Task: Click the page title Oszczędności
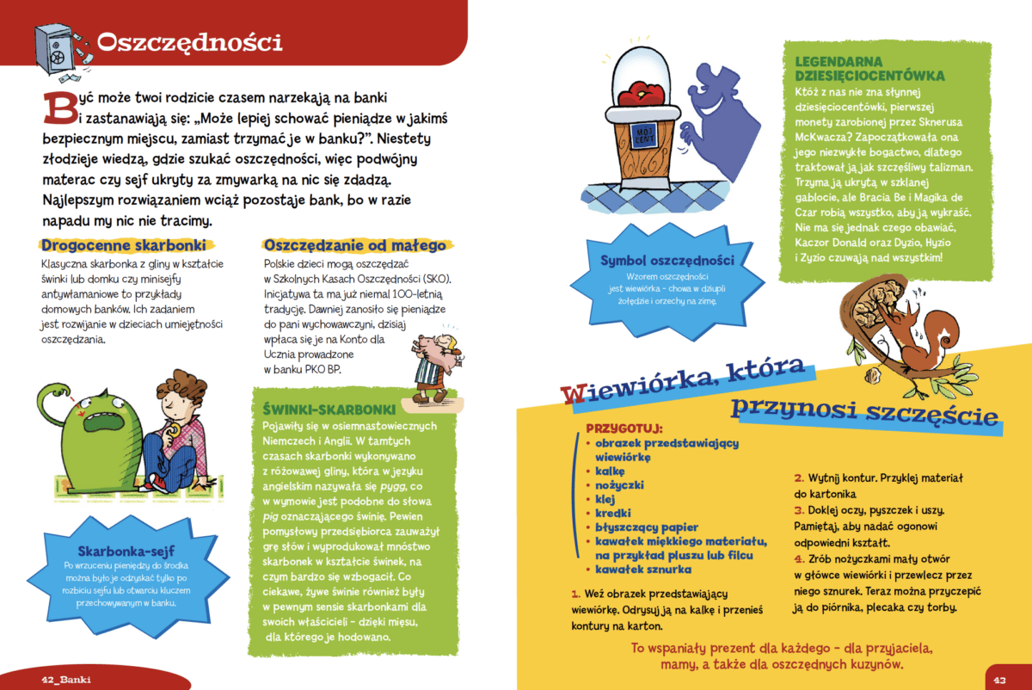tap(190, 42)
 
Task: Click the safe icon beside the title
tap(59, 47)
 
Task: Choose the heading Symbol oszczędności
tap(667, 260)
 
